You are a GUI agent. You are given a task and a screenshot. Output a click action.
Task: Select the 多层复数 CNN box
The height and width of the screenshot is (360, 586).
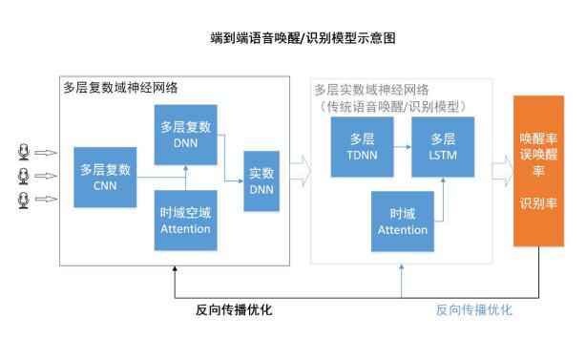pos(106,178)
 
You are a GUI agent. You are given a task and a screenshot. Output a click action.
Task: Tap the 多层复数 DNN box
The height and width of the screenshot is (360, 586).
pos(186,135)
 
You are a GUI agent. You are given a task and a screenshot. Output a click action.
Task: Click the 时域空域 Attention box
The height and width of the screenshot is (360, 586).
pos(186,221)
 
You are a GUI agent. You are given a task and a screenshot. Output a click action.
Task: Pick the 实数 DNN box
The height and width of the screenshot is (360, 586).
pos(262,180)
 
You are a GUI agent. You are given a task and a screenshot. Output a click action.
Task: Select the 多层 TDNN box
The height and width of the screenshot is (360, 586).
pos(362,147)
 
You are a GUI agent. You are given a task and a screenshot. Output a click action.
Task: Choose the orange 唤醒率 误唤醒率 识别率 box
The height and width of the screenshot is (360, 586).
pos(538,170)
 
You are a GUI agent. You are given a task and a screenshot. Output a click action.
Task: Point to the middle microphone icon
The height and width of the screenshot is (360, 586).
pos(25,176)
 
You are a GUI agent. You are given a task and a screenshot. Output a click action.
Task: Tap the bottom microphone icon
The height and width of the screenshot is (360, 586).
pos(25,200)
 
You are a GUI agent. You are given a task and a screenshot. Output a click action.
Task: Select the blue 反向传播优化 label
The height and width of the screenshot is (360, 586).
pos(474,310)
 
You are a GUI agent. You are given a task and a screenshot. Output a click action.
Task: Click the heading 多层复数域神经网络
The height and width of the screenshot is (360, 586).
pos(121,87)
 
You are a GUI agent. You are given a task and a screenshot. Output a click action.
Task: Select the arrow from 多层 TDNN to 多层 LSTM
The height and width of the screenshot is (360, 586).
pos(400,147)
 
